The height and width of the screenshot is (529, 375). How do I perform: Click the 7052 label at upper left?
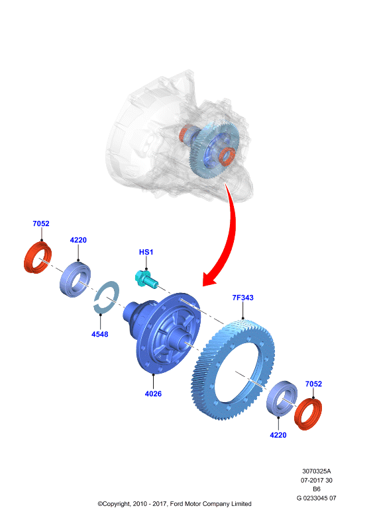pos(41,224)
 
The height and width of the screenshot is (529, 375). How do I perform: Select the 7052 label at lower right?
pos(313,384)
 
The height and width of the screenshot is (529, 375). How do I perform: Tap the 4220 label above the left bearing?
pos(78,240)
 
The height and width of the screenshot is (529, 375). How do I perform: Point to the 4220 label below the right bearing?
pos(278,435)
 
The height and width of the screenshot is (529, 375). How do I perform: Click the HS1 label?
pos(146,252)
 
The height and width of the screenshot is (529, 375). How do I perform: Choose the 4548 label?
pos(100,335)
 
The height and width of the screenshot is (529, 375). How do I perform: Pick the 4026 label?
pos(153,393)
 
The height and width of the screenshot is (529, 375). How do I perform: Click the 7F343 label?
pos(242,298)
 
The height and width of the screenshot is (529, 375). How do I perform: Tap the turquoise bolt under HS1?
pos(146,279)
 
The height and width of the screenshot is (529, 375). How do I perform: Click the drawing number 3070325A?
pos(317,471)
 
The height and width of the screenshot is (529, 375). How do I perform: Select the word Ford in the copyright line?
pos(176,504)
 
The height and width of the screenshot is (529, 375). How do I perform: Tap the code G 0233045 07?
pos(317,498)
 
